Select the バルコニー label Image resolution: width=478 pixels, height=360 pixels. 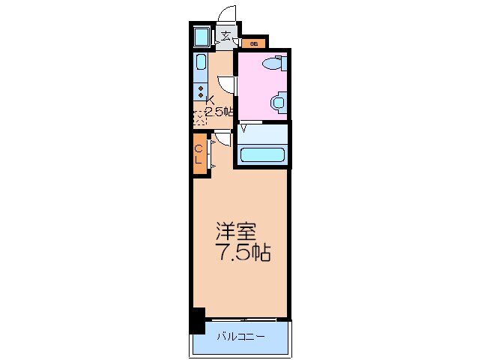240,337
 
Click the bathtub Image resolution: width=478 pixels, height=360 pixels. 262,155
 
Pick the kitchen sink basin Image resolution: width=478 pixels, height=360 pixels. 202,65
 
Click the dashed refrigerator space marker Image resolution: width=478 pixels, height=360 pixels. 199,116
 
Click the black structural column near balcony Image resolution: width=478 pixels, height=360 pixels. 196,320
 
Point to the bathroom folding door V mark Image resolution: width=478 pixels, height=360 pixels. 243,128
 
